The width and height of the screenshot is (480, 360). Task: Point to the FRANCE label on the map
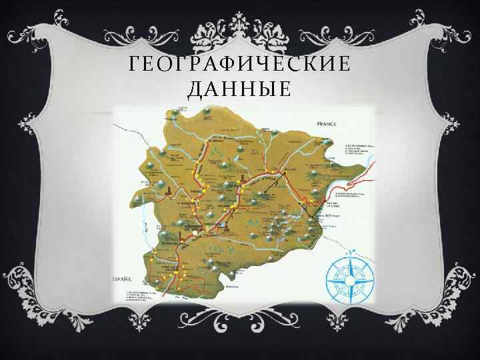tap(328, 125)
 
